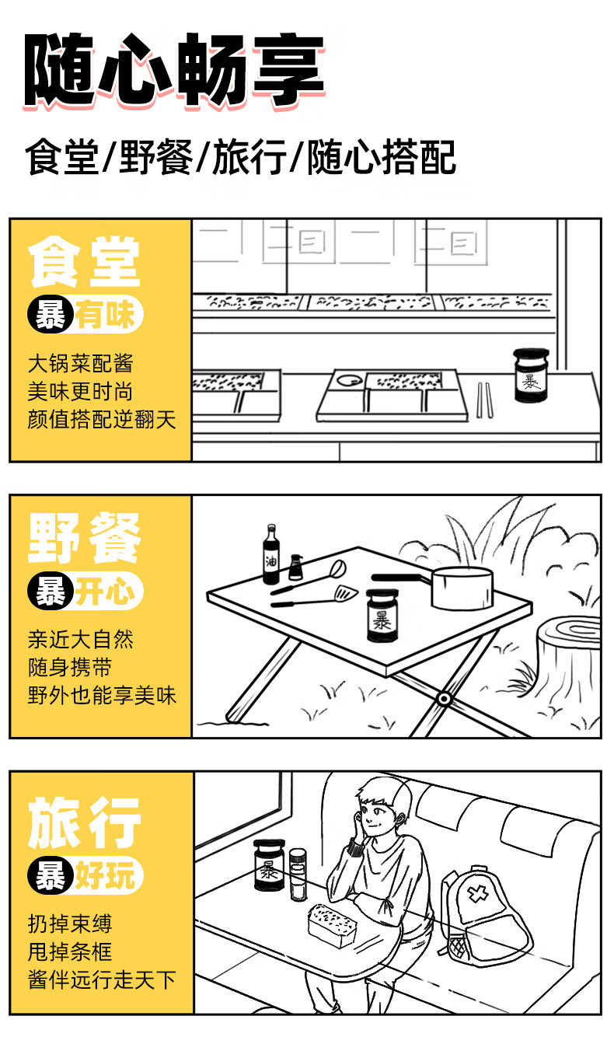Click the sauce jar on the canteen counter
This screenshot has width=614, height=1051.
coord(532,376)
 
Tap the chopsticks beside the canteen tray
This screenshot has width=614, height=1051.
coord(483,400)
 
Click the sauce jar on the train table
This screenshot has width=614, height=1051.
coord(269,865)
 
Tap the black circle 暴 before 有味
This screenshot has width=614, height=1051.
coord(50,316)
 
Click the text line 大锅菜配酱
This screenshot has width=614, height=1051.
coord(81,362)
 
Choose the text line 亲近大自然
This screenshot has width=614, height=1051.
coord(81,639)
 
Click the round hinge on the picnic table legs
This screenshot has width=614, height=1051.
coord(443,699)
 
